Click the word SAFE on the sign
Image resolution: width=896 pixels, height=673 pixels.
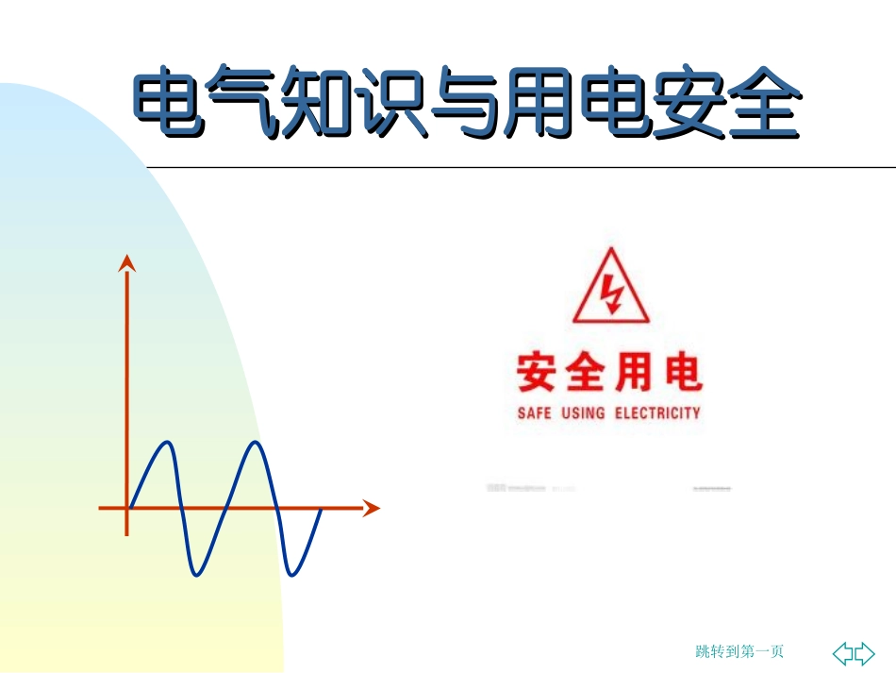(x=534, y=413)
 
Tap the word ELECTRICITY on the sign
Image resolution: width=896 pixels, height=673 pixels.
(x=658, y=413)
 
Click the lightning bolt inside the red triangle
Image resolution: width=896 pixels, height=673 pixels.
(x=612, y=294)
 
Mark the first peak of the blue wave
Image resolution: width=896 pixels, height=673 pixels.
(x=166, y=443)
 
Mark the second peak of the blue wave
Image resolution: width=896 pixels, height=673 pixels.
(x=256, y=443)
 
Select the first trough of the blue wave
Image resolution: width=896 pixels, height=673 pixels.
(x=196, y=573)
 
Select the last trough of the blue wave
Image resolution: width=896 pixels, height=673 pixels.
(x=292, y=573)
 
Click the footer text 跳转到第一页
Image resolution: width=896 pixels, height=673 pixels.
(x=739, y=651)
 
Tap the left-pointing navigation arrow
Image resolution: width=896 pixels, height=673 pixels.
(x=843, y=652)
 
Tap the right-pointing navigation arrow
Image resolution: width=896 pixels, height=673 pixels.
(x=865, y=652)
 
